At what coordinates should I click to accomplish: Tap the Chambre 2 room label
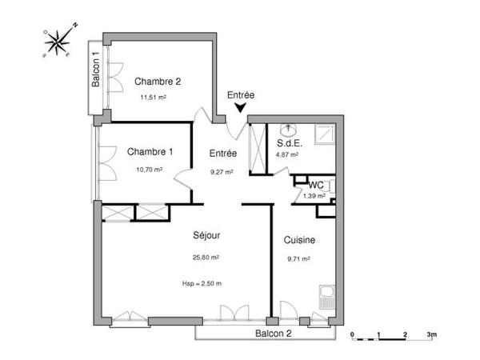pos(158,81)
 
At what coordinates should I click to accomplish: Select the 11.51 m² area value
pos(153,98)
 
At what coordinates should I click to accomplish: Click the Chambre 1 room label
pos(150,152)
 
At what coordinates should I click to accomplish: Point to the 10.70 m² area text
pos(149,170)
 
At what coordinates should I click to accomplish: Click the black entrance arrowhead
pos(241,108)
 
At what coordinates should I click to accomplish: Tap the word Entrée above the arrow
pos(242,94)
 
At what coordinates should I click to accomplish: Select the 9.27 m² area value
pos(222,171)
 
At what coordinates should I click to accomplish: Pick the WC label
pos(315,185)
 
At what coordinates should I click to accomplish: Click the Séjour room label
pos(206,236)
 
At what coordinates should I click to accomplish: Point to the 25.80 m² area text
pos(206,258)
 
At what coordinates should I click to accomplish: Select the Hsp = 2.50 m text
pos(202,284)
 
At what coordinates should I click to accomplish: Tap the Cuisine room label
pos(298,240)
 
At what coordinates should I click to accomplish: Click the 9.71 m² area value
pos(298,258)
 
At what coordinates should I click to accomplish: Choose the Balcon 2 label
pos(273,333)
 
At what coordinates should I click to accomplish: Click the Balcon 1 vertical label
pos(95,70)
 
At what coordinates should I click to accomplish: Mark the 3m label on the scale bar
pos(431,333)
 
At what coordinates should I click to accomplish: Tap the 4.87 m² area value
pos(287,155)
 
